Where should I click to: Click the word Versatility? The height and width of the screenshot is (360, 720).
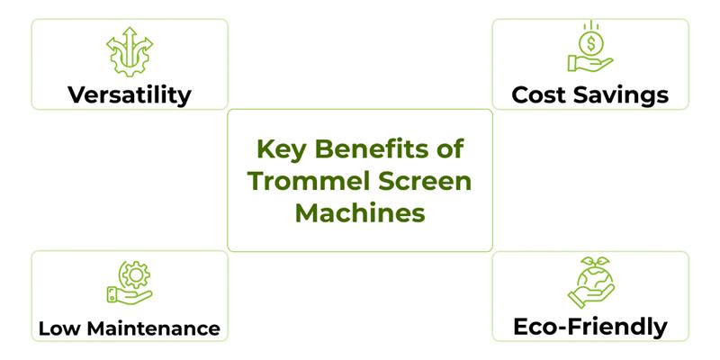click(x=130, y=94)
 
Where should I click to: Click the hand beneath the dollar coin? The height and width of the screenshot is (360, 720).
click(x=589, y=63)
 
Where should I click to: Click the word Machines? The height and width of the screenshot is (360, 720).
click(x=360, y=214)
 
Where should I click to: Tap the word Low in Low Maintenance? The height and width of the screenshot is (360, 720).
click(x=56, y=328)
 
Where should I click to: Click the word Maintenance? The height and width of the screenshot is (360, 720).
click(x=148, y=328)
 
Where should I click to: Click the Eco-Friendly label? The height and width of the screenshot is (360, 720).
click(x=589, y=326)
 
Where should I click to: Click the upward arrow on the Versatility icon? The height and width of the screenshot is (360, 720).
click(x=129, y=36)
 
